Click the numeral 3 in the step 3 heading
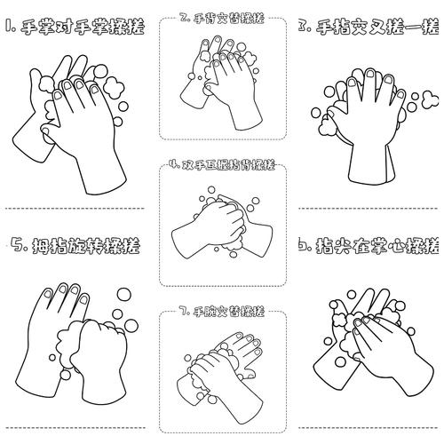point(304,28)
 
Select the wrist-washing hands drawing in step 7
point(222,364)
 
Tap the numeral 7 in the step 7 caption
point(182,312)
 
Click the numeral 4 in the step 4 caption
point(174,165)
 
